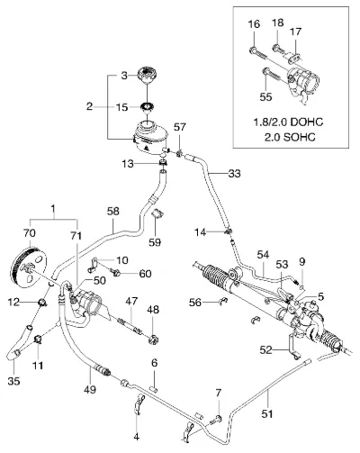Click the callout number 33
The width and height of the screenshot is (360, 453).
[x=234, y=174]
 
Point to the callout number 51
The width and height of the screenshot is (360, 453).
[x=267, y=414]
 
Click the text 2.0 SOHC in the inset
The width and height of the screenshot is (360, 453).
[x=290, y=138]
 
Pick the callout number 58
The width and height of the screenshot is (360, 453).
[x=112, y=212]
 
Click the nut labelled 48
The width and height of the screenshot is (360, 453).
[x=153, y=340]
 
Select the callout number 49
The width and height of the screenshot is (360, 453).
[x=90, y=389]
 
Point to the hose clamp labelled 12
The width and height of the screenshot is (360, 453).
[x=43, y=303]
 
